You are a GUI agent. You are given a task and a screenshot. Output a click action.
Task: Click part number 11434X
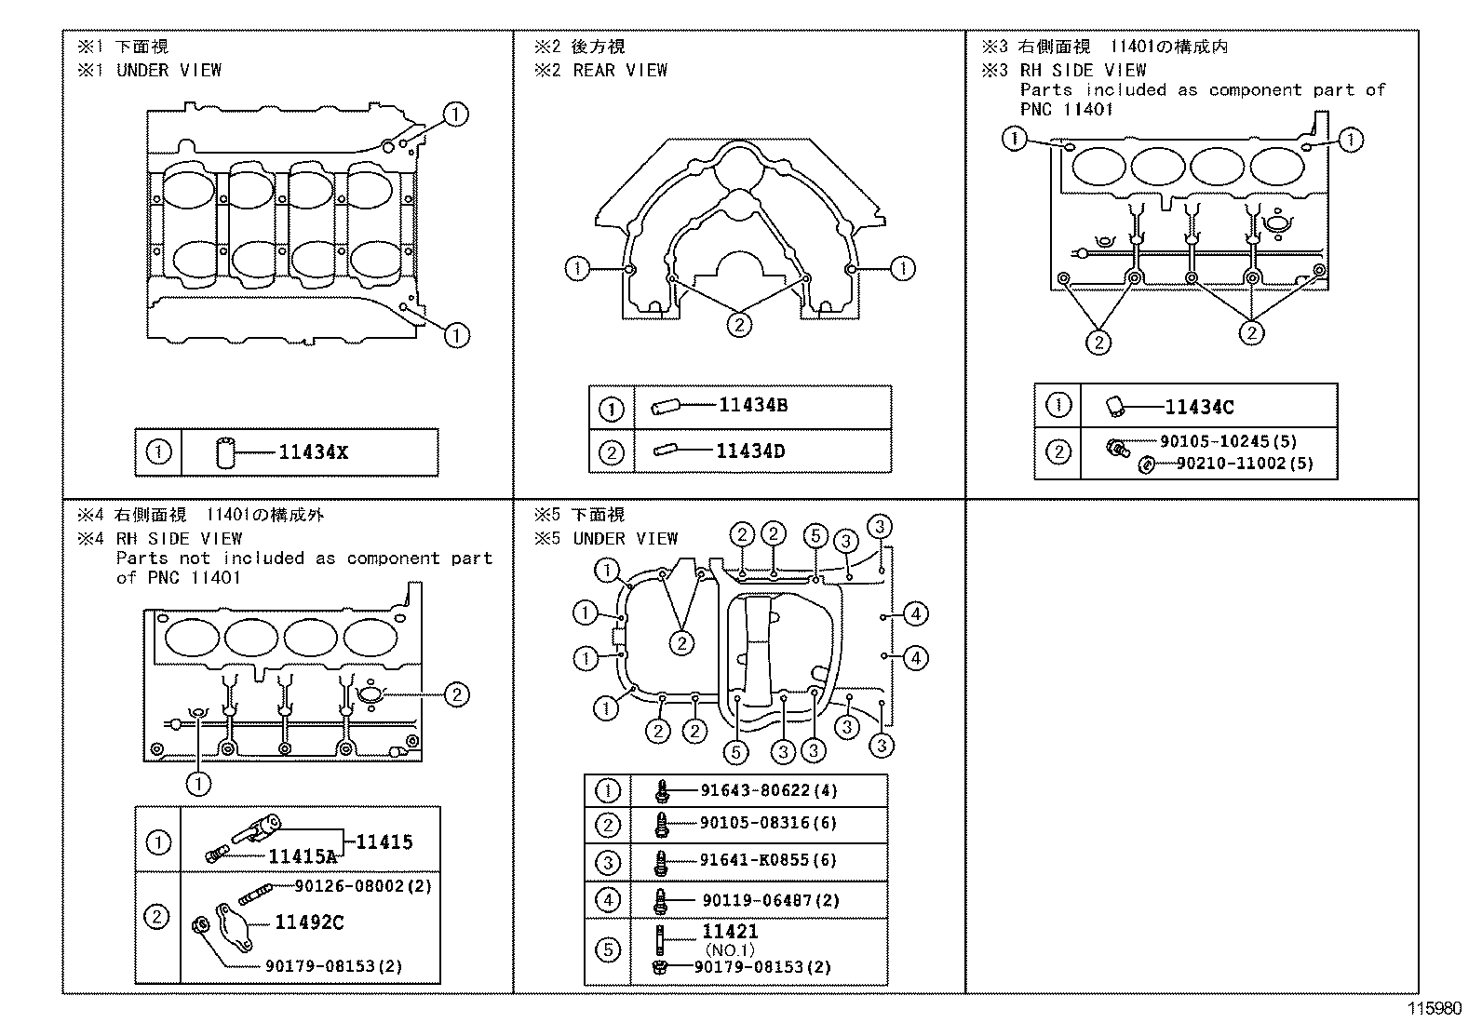pyautogui.click(x=313, y=452)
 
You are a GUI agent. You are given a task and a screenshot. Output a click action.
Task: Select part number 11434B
pyautogui.click(x=753, y=405)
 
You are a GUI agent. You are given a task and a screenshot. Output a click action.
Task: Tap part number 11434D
pyautogui.click(x=750, y=451)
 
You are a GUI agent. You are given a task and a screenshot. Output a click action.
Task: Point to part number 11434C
pyautogui.click(x=1200, y=407)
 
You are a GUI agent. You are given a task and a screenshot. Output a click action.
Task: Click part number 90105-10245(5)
pyautogui.click(x=1228, y=442)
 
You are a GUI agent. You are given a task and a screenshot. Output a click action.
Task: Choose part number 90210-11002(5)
pyautogui.click(x=1244, y=463)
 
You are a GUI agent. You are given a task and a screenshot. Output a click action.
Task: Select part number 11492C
pyautogui.click(x=309, y=922)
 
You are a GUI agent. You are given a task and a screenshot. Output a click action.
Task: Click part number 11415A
pyautogui.click(x=303, y=856)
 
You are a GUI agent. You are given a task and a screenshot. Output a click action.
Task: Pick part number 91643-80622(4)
pyautogui.click(x=768, y=791)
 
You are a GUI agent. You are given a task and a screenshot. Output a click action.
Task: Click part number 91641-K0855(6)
pyautogui.click(x=768, y=860)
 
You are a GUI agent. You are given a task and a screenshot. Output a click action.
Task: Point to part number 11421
pyautogui.click(x=730, y=932)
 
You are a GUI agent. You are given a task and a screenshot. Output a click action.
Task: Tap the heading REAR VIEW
pyautogui.click(x=620, y=70)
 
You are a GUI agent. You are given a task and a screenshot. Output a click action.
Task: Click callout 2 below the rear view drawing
pyautogui.click(x=738, y=324)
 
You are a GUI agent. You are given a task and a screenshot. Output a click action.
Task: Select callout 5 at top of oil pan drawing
pyautogui.click(x=815, y=535)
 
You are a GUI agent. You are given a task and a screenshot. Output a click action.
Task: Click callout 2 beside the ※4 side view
pyautogui.click(x=456, y=693)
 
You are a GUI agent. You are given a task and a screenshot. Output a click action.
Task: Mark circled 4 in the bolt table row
pyautogui.click(x=607, y=900)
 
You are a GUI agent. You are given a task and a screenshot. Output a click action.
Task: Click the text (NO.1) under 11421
pyautogui.click(x=729, y=950)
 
